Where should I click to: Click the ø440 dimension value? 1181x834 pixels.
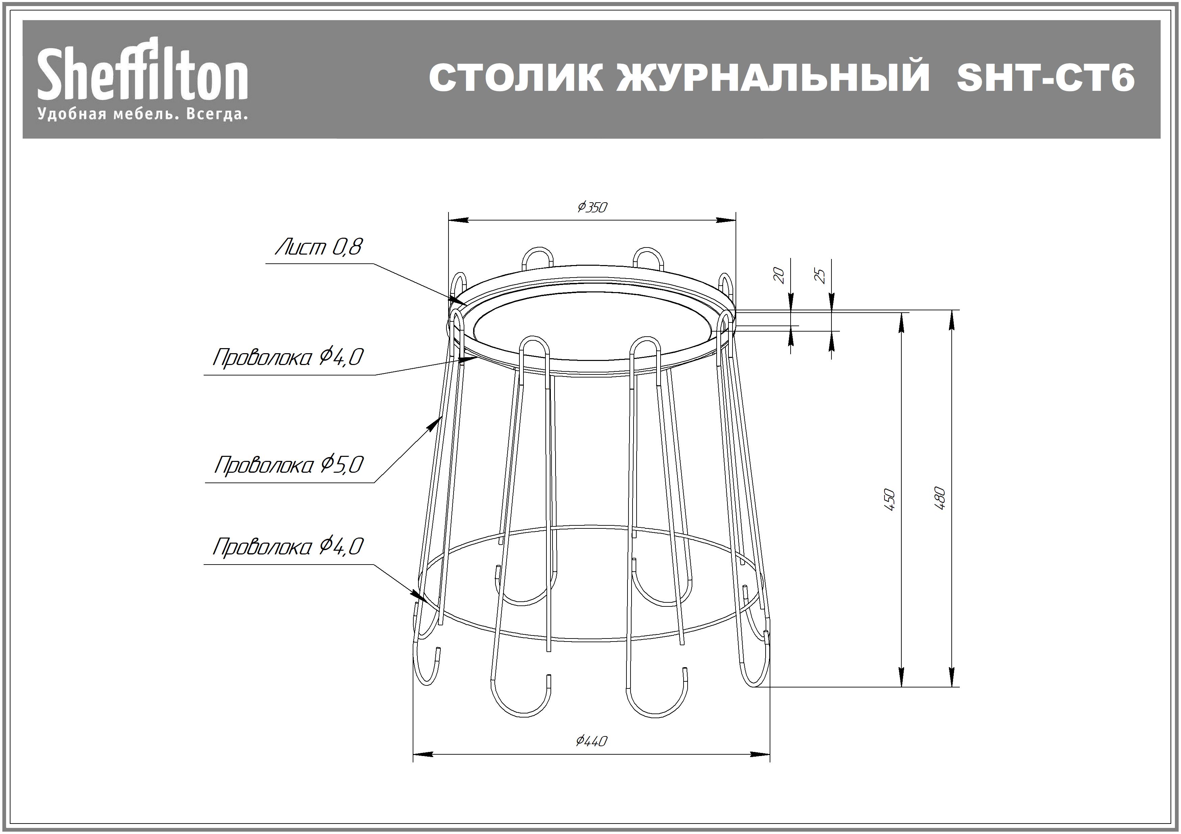pos(592,741)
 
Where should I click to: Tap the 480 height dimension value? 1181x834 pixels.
pos(940,498)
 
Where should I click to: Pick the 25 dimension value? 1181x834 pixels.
pos(821,276)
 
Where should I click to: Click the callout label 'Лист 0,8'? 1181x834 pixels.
pos(319,247)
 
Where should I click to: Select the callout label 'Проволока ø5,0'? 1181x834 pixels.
pos(289,465)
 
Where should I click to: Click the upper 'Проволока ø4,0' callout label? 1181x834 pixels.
pos(288,357)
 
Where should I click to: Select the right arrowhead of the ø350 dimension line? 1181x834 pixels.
pos(727,220)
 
